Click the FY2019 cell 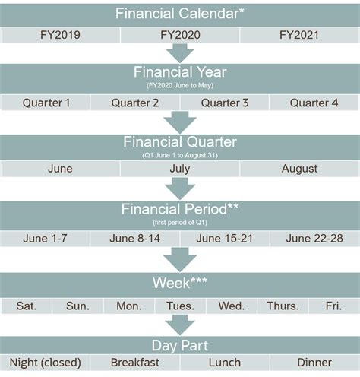[60, 35]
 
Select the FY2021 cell [299, 35]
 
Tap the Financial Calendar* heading [180, 13]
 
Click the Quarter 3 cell [225, 103]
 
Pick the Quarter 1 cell [46, 103]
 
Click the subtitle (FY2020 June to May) [180, 87]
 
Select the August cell [299, 169]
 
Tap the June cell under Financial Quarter [60, 169]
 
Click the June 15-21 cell [225, 238]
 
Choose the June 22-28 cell [314, 238]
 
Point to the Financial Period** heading [180, 209]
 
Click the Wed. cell [231, 306]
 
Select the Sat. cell [27, 306]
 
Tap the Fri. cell [333, 306]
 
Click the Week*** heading [180, 283]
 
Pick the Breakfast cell [135, 363]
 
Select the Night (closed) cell [46, 363]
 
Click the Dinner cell [314, 363]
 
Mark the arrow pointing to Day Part [180, 325]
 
